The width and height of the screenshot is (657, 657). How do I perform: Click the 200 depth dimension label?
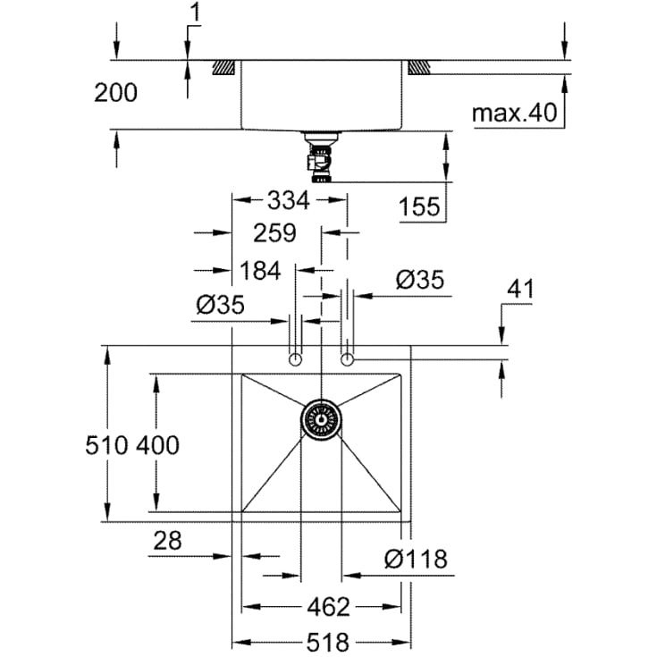coord(115,93)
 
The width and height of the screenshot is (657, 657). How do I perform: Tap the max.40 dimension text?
coord(515,113)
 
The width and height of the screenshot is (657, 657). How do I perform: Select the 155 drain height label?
coord(419,206)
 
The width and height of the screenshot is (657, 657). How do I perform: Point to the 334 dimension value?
coord(289,200)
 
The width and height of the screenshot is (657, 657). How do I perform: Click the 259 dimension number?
coord(274,233)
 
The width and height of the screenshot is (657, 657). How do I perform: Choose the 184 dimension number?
coord(260,271)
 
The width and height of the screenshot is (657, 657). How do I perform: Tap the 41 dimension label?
coord(520,289)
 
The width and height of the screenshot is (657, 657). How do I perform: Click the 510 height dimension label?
coord(106,445)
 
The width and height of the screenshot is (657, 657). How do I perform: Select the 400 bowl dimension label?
coord(158,445)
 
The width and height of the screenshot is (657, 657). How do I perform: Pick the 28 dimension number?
coord(168,541)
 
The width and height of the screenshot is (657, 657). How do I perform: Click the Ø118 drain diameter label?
coord(416,559)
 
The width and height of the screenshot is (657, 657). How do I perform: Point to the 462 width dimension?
coord(329,607)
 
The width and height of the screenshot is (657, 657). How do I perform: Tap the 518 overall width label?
coord(328,642)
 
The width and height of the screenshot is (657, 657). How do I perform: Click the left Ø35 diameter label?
coord(220,305)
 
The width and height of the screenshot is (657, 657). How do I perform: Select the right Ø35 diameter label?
coord(419,280)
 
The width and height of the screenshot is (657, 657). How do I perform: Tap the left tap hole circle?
coord(295,359)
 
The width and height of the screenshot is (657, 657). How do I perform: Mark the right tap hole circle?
coord(348,359)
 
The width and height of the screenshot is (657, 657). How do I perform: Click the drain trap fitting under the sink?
coord(321,157)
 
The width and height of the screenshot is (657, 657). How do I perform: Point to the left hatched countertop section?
coord(224,68)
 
